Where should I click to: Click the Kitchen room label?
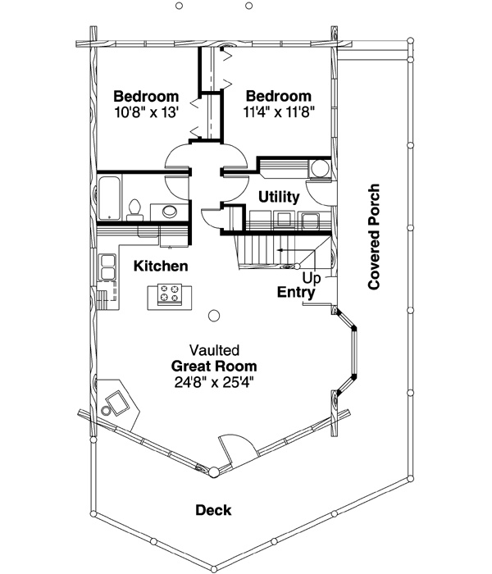[162, 266]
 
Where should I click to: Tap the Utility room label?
[278, 198]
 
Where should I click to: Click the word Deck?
[213, 510]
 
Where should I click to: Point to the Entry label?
[297, 292]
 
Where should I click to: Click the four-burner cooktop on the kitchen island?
[171, 293]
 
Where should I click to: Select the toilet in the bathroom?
[136, 209]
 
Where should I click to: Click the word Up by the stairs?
[310, 278]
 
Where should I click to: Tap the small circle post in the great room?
[215, 314]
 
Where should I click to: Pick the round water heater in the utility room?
[319, 169]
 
